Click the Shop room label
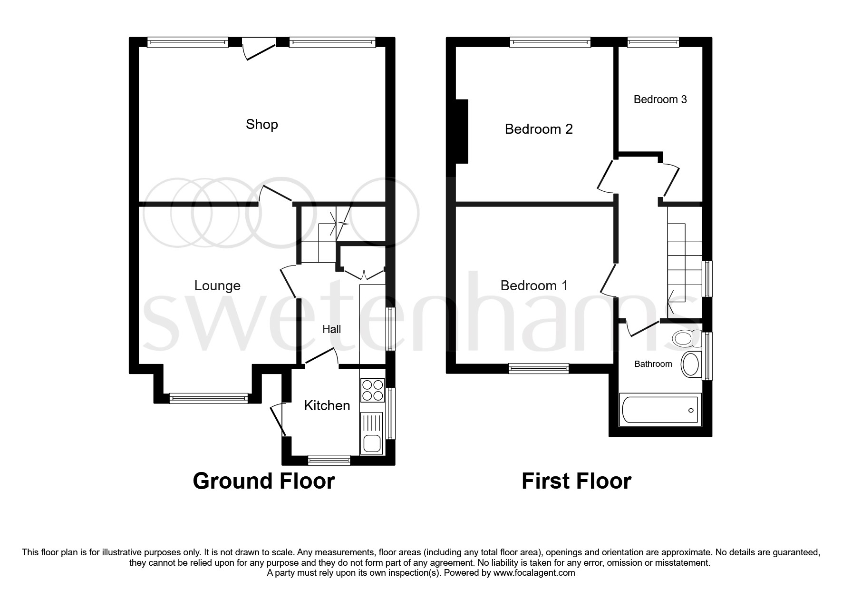click(x=261, y=125)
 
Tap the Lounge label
click(x=217, y=285)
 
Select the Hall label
click(x=331, y=329)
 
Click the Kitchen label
click(x=327, y=405)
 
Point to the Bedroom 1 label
click(x=533, y=285)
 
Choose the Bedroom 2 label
click(x=538, y=129)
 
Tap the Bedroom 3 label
click(x=660, y=99)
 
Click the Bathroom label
click(x=653, y=364)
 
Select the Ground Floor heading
click(x=263, y=481)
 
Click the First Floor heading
click(x=576, y=481)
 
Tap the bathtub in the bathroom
click(x=660, y=410)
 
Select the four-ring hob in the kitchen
click(x=372, y=390)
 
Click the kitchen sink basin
click(x=371, y=443)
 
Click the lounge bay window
click(x=208, y=398)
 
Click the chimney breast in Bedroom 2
click(x=462, y=131)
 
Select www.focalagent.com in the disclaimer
click(x=534, y=573)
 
